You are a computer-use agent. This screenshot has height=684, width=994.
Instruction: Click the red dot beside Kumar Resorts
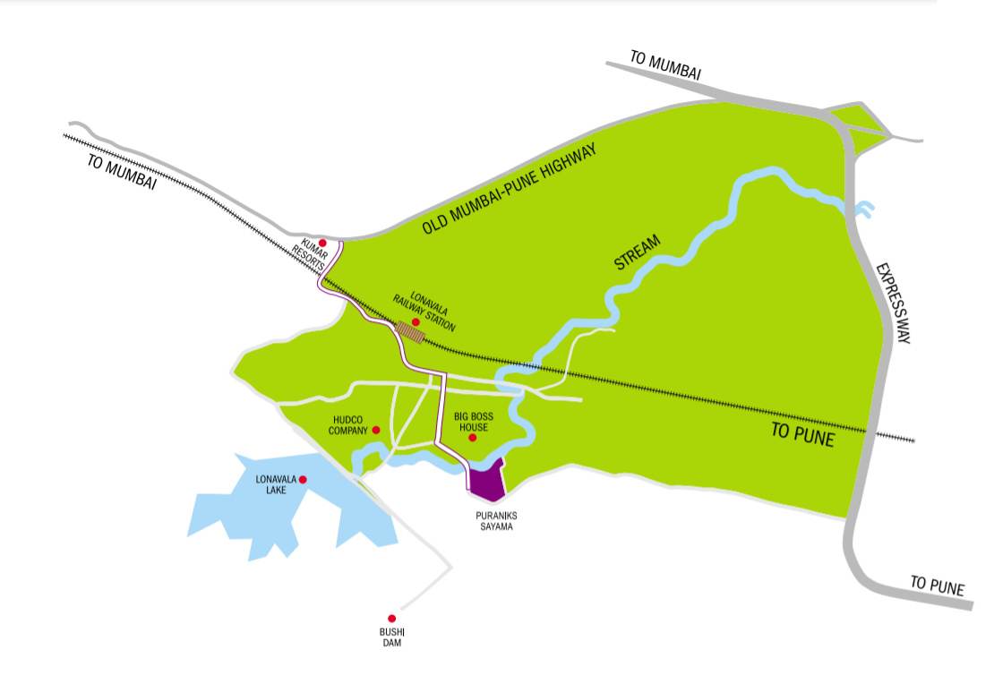[x=322, y=243]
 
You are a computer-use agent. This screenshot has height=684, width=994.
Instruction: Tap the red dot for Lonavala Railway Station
[x=416, y=322]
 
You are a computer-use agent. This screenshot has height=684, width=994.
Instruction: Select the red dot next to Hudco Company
[x=376, y=431]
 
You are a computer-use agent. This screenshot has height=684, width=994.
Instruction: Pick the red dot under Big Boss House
[x=473, y=438]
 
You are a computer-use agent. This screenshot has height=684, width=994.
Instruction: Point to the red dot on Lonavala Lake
[x=304, y=480]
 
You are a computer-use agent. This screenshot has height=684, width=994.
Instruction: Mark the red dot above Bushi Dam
[x=391, y=618]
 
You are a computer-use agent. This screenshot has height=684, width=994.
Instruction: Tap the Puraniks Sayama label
[x=494, y=522]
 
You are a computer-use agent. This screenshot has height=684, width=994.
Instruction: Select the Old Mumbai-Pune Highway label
[x=509, y=192]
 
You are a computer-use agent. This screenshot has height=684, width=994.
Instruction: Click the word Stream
[x=638, y=252]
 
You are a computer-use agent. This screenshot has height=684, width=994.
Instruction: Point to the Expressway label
[x=893, y=304]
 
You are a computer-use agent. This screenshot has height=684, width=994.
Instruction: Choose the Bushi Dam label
[x=392, y=637]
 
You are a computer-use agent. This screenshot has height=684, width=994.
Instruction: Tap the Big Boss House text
[x=472, y=422]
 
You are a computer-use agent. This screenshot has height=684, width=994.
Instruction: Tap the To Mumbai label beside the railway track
[x=122, y=171]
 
